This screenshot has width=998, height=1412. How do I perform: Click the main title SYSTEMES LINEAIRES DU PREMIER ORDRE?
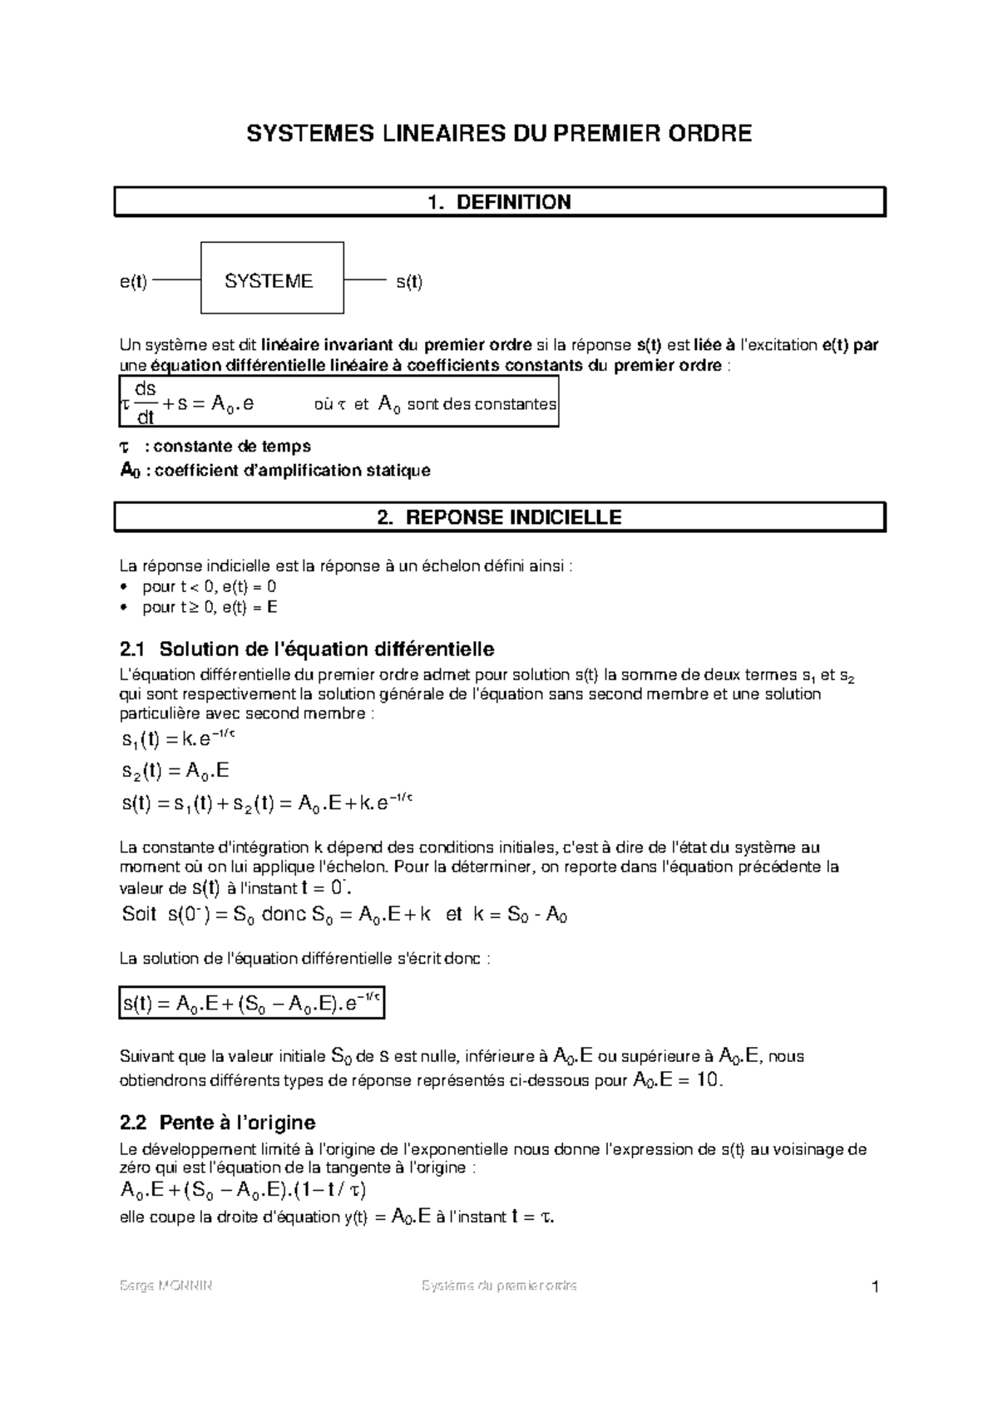point(499,133)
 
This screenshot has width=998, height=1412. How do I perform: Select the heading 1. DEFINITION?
point(499,202)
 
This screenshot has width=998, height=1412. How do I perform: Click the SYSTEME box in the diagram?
point(272,281)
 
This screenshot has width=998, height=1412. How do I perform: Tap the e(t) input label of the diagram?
point(133,282)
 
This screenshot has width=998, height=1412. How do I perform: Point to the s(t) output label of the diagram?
point(408,282)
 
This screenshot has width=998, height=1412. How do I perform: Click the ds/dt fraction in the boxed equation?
point(145,402)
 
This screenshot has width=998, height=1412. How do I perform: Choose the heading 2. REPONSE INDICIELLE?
point(499,517)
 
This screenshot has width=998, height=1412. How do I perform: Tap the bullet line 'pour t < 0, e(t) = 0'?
point(209,586)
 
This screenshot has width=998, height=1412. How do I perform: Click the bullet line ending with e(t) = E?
point(209,607)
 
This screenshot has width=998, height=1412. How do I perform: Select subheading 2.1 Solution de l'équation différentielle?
point(308,649)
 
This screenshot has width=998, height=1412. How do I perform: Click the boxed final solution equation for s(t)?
point(252,1003)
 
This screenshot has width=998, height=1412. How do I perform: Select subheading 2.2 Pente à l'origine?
point(218,1123)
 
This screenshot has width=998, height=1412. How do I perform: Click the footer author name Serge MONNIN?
point(166,1286)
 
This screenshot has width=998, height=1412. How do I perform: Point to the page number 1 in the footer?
point(875,1288)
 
